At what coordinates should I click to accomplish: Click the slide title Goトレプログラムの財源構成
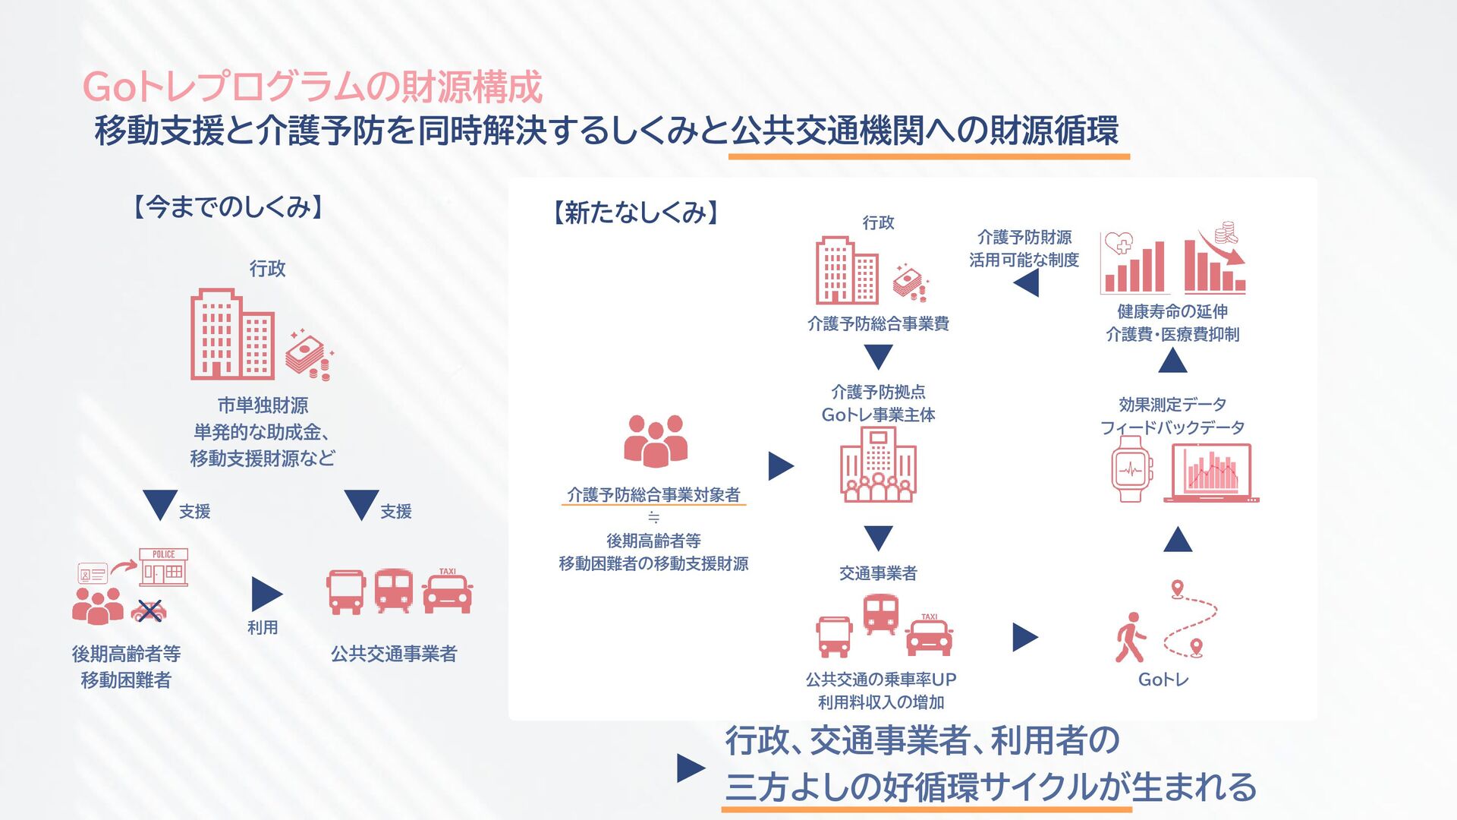tap(312, 87)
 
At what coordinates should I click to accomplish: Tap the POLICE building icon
tap(163, 567)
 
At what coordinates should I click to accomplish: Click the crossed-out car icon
tap(149, 610)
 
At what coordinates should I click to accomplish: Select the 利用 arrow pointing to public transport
tap(266, 594)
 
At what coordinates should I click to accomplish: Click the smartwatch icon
tap(1131, 469)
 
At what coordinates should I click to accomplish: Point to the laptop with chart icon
tap(1212, 472)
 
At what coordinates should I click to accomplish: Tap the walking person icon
tap(1131, 638)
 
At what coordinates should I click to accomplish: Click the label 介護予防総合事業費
tap(878, 324)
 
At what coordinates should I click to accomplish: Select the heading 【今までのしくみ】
tap(228, 207)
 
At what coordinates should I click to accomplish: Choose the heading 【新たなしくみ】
tap(636, 213)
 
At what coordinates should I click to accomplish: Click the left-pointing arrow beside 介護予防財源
tap(1026, 284)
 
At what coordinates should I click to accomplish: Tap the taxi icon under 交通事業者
tap(929, 635)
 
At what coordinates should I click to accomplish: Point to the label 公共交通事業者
tap(394, 654)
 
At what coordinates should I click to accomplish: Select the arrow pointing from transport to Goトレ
tap(1024, 638)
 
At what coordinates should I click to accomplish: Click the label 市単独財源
tap(263, 405)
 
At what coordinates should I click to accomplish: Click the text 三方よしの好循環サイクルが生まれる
tap(990, 787)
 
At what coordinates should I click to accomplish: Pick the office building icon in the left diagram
tap(232, 334)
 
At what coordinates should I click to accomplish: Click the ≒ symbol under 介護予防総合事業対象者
tap(653, 518)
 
